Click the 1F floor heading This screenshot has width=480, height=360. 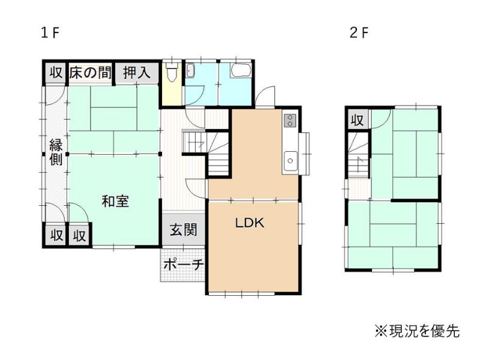[x=50, y=33]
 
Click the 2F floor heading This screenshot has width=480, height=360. [x=359, y=33]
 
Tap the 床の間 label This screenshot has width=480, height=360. [x=89, y=73]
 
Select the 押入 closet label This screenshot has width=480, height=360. [x=137, y=73]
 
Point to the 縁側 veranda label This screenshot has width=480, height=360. [x=56, y=152]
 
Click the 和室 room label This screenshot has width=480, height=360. [x=115, y=202]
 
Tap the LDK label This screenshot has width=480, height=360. [x=250, y=223]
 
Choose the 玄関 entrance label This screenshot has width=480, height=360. [x=184, y=230]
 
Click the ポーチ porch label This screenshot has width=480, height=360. [x=183, y=264]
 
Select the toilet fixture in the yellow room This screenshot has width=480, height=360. [x=172, y=72]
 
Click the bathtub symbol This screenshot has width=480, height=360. [x=241, y=70]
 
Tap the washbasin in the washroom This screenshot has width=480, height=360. [x=190, y=71]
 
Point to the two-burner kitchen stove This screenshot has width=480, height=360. [x=290, y=120]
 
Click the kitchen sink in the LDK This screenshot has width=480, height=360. [x=290, y=161]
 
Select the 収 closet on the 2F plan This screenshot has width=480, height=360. [x=357, y=120]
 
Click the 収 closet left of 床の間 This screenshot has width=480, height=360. [x=56, y=73]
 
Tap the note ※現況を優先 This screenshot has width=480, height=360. [x=418, y=331]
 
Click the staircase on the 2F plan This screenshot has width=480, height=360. [x=358, y=155]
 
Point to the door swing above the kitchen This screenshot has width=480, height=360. [x=265, y=96]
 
